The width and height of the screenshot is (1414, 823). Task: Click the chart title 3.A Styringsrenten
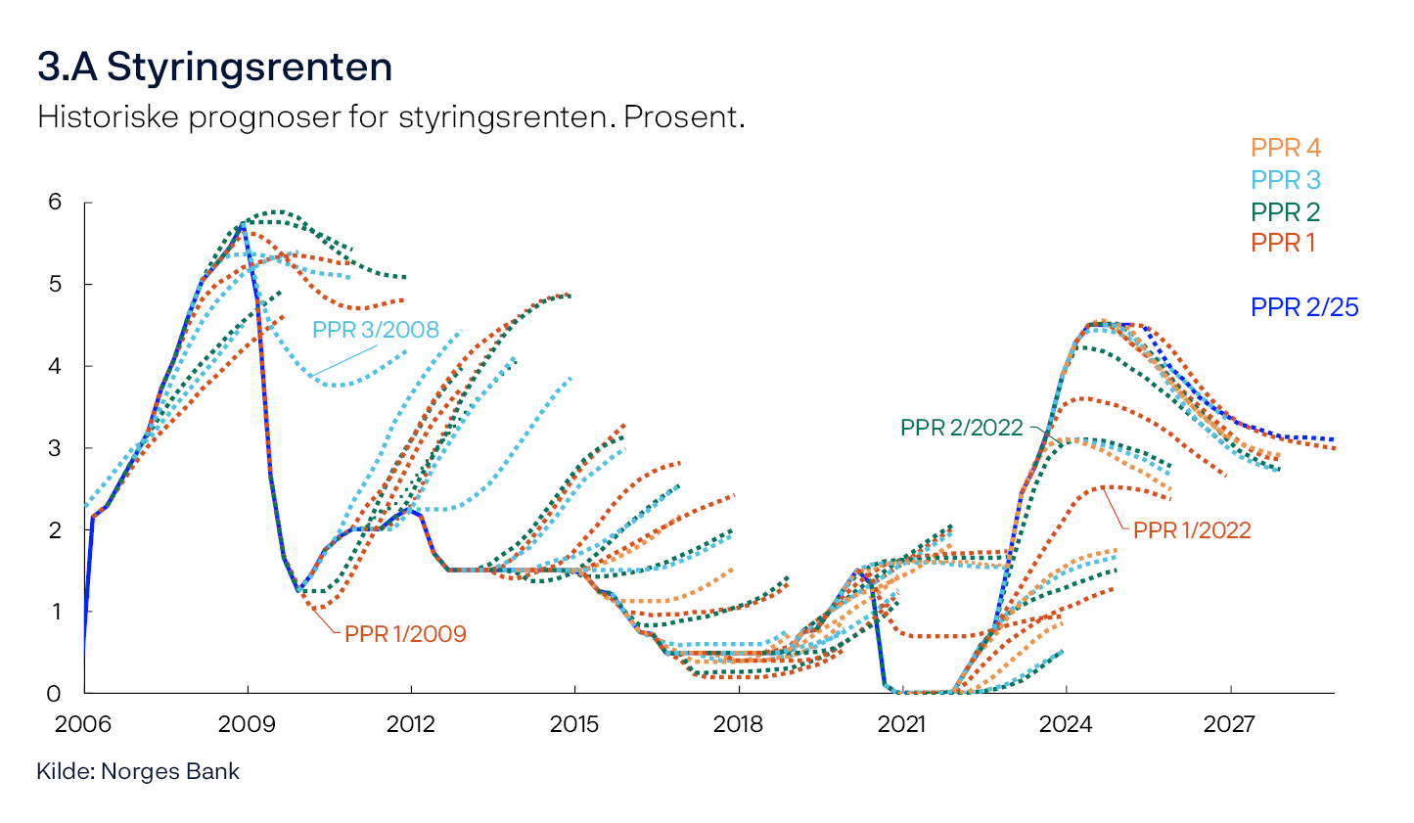tap(214, 68)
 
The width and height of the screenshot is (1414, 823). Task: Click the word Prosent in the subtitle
tap(684, 116)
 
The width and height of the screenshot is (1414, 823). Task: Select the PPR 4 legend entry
tap(1285, 148)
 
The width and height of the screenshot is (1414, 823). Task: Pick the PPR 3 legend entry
tap(1285, 180)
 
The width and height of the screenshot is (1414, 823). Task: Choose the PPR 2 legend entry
tap(1285, 211)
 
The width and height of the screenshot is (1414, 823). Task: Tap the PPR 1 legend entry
tap(1283, 243)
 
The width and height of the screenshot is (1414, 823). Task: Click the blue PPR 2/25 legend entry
tap(1304, 307)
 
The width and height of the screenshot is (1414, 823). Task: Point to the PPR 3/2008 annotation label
tap(376, 330)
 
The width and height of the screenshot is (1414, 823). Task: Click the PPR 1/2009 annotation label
tap(405, 634)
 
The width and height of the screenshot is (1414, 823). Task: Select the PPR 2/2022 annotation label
tap(961, 428)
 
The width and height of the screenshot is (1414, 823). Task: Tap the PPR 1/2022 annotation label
tap(1192, 530)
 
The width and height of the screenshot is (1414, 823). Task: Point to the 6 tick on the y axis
tap(55, 203)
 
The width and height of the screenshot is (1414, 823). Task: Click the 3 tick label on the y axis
tap(55, 448)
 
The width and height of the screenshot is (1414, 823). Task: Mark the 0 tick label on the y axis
tap(55, 694)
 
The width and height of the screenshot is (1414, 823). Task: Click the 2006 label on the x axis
tap(83, 725)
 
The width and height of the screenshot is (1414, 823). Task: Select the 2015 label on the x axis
tap(574, 725)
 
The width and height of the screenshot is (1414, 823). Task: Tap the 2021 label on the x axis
tap(901, 725)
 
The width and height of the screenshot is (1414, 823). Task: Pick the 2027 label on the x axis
tap(1229, 725)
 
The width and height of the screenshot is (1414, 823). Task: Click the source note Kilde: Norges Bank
tap(138, 771)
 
